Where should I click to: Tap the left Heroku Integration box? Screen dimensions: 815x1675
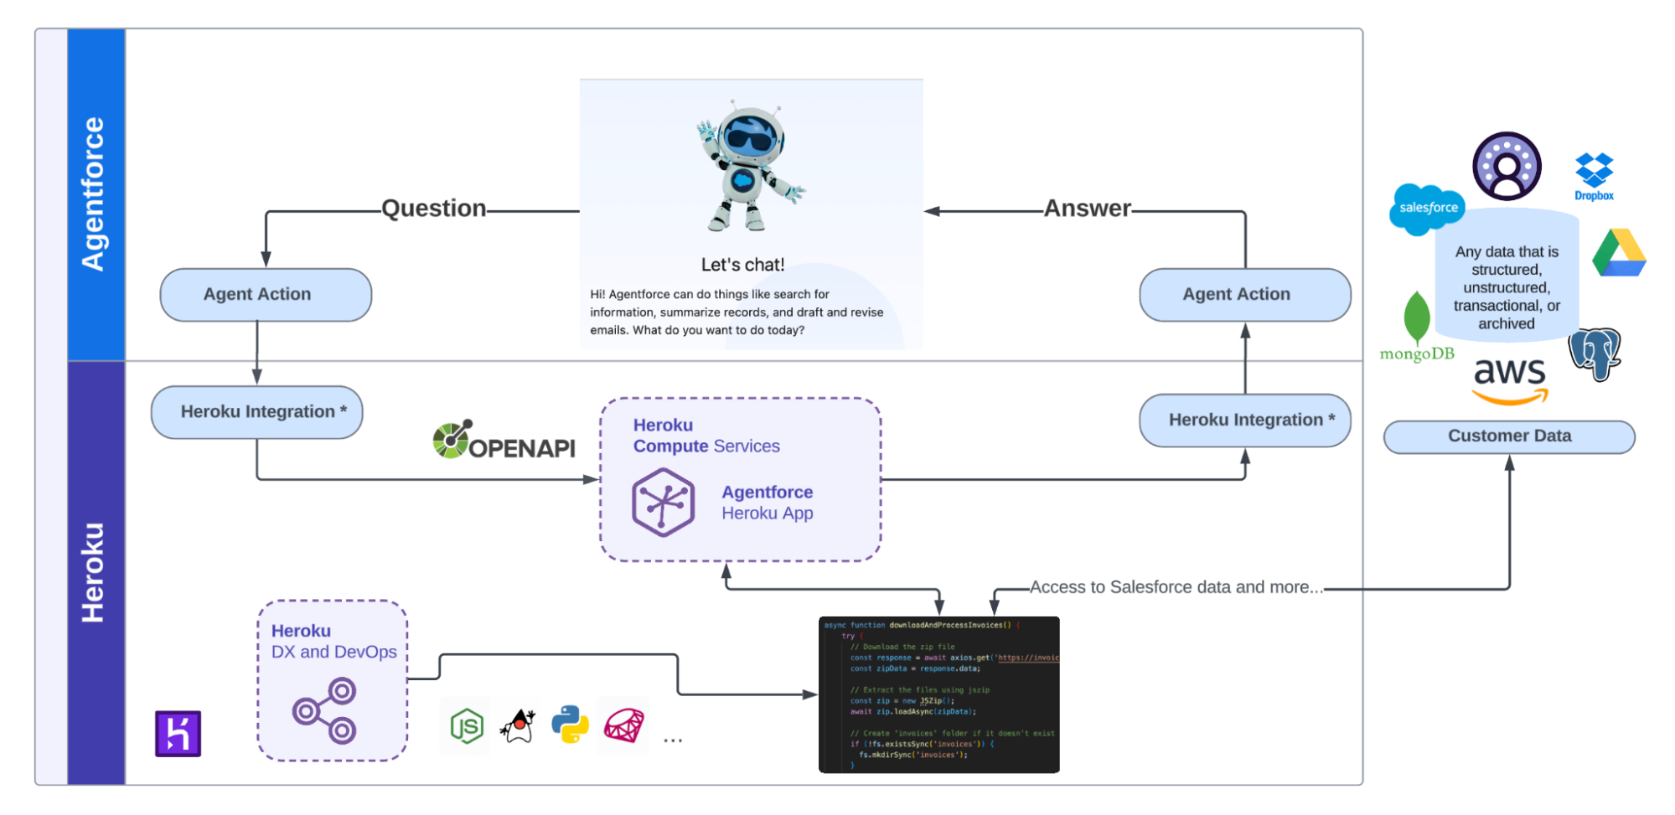[x=256, y=412]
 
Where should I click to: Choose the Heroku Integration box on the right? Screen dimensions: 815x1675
[x=1244, y=420]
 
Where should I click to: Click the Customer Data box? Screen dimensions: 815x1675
[x=1508, y=436]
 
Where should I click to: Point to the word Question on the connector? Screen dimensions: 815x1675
[x=433, y=209]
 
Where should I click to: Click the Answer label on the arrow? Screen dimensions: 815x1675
[x=1087, y=209]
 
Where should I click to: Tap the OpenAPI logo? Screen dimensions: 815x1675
[x=504, y=441]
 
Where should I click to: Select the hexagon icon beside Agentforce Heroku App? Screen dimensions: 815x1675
[x=663, y=503]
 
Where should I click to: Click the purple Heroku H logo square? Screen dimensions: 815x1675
[x=178, y=734]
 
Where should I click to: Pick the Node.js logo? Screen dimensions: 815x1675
[x=466, y=726]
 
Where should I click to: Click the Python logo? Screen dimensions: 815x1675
[x=570, y=725]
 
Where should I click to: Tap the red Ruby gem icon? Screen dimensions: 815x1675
[x=624, y=725]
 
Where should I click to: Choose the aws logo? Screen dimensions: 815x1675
[x=1510, y=379]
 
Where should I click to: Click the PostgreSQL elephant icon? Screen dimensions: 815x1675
[x=1595, y=353]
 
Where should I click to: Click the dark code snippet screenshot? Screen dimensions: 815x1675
[x=938, y=694]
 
